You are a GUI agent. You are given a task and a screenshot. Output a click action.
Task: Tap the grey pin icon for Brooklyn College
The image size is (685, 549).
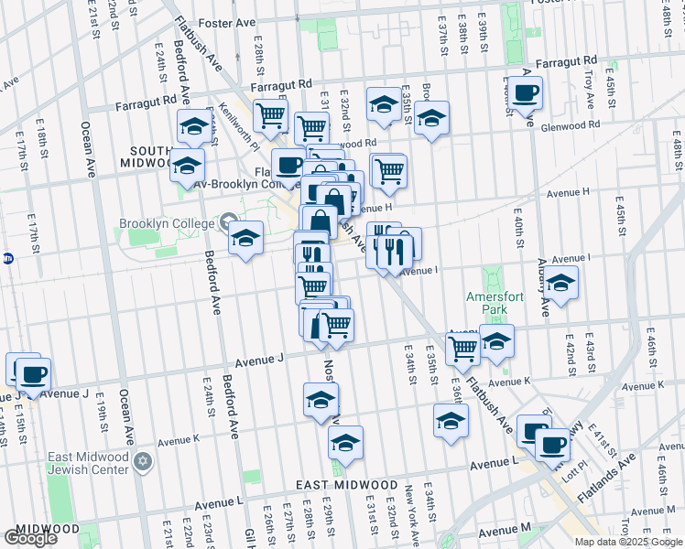point(226,221)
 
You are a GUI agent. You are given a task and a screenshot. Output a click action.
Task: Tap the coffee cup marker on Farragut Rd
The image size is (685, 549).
point(527,93)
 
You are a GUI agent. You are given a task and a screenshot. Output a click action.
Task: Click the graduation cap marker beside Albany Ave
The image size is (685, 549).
point(562,285)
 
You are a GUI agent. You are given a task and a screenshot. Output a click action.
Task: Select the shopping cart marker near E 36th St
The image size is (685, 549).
point(462,348)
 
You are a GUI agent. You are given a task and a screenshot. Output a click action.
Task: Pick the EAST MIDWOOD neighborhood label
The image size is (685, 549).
point(347,485)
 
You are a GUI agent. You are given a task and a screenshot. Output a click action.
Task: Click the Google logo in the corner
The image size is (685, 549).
point(30,538)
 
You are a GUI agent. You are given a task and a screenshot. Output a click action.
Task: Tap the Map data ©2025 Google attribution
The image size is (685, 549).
point(629,542)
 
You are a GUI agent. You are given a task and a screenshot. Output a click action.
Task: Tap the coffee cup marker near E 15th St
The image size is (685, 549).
point(34,374)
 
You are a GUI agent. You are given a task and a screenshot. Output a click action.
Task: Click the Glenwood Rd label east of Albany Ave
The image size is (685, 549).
point(569,125)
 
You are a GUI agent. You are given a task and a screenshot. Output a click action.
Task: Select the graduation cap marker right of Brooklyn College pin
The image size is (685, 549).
point(245,238)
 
